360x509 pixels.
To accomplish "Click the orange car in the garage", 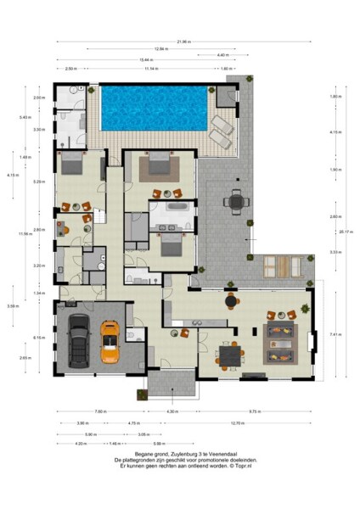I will (x=110, y=340).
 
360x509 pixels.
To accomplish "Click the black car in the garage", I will (x=77, y=338).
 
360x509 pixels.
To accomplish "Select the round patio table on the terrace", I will (x=234, y=202).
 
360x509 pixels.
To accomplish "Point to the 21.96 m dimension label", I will (x=183, y=40).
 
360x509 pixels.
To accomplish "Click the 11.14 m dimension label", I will (x=152, y=69).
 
